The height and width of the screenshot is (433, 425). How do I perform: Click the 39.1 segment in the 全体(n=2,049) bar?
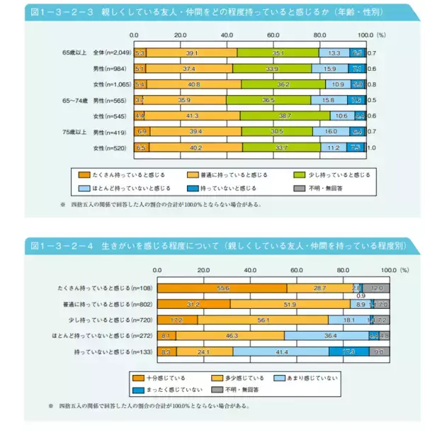[x=191, y=53]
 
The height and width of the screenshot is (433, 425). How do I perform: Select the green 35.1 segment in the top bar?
[x=278, y=53]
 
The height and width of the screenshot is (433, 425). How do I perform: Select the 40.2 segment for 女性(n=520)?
[x=194, y=147]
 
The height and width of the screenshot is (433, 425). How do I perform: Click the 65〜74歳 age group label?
[x=74, y=100]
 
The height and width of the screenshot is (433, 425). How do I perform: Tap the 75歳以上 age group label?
[x=74, y=132]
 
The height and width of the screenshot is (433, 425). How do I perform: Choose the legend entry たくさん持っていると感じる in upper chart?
[x=120, y=174]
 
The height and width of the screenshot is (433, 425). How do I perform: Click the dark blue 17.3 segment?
[x=348, y=351]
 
